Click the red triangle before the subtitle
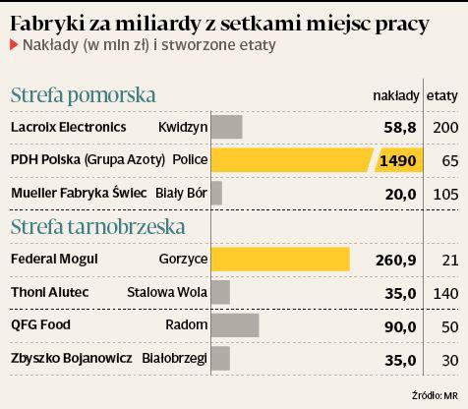(x=14, y=45)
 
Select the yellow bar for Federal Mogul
(x=280, y=260)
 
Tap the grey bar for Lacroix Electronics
(x=227, y=127)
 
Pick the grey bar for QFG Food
(x=235, y=325)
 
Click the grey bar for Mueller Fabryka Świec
(x=216, y=193)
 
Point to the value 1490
(x=398, y=160)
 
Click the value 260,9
(x=396, y=261)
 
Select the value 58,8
(x=400, y=127)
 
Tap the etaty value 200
(x=445, y=127)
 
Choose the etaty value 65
(x=449, y=161)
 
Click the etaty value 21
(x=450, y=261)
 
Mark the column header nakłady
(x=396, y=96)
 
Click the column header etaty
(x=441, y=96)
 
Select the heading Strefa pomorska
(x=83, y=95)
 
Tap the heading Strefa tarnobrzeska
(x=98, y=226)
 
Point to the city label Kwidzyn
(x=183, y=127)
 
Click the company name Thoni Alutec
(x=50, y=292)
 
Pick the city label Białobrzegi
(x=174, y=358)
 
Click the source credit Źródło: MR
(x=435, y=395)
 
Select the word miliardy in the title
(x=157, y=24)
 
